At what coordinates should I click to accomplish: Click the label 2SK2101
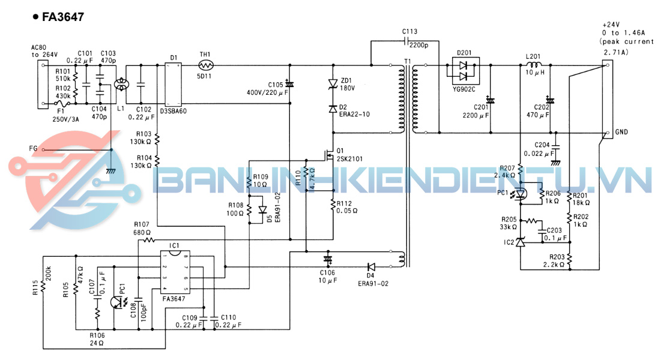pos(350,159)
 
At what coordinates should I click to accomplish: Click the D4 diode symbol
pos(371,266)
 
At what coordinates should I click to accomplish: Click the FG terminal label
pos(34,148)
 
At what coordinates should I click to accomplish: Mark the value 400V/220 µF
pos(267,93)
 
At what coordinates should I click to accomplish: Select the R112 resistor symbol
pos(333,205)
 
